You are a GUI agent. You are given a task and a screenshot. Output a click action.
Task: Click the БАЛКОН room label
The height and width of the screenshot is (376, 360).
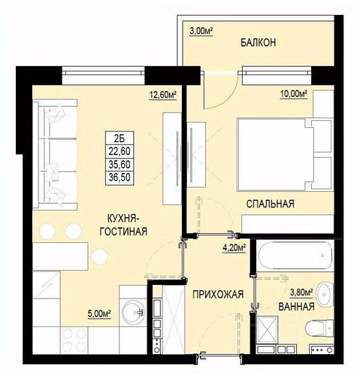click(258, 43)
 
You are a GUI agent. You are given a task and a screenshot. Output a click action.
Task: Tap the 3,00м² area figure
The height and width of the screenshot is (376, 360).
click(201, 32)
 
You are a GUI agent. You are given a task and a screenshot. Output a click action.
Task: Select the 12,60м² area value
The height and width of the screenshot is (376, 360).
click(163, 95)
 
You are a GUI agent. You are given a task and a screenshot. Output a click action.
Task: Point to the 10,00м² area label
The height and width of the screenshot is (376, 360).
click(294, 94)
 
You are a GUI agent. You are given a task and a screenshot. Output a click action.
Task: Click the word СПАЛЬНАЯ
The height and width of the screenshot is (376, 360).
click(270, 204)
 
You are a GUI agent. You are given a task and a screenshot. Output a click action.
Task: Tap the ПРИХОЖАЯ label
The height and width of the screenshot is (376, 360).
click(218, 294)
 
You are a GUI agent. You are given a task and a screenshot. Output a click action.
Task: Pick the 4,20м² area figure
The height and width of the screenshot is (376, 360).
click(234, 248)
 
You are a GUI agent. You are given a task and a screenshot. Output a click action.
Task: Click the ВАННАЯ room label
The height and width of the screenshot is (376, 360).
click(296, 306)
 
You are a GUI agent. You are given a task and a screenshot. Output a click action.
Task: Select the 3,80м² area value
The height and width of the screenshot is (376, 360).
click(301, 293)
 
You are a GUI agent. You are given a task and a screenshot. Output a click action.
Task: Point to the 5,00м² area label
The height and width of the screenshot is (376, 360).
click(99, 314)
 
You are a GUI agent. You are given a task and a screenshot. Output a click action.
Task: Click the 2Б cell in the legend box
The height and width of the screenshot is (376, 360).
click(119, 138)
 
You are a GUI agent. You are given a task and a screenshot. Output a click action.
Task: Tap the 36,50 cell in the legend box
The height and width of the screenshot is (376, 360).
click(119, 177)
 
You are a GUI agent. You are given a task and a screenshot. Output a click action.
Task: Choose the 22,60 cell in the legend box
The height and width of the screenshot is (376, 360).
click(119, 151)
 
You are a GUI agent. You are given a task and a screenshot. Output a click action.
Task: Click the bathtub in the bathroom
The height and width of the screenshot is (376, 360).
click(295, 255)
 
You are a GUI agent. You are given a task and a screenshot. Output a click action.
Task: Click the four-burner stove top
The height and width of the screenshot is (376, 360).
click(74, 340)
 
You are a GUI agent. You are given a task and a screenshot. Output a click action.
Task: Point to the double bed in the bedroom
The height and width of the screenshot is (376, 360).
click(285, 154)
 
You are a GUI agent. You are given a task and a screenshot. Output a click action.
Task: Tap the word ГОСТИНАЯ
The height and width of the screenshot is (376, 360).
click(123, 232)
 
